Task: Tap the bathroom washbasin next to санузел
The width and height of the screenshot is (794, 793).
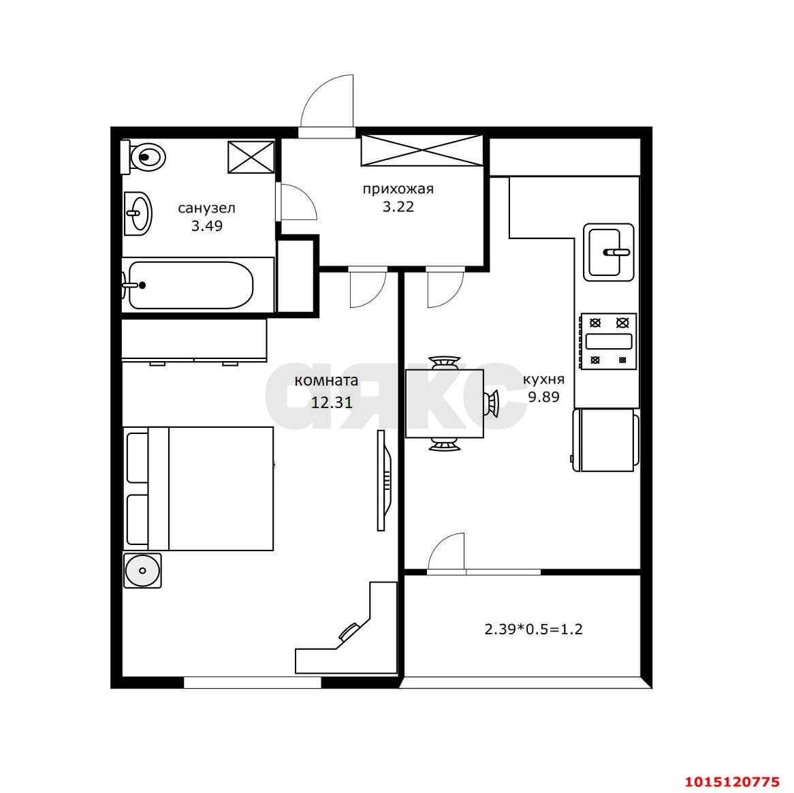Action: coord(138,213)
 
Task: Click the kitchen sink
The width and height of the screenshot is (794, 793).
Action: coord(609,252)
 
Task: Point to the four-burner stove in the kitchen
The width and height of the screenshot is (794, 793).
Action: coord(608,341)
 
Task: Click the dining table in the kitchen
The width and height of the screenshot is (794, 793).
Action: coord(445,403)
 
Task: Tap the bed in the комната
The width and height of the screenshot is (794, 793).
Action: coord(199,488)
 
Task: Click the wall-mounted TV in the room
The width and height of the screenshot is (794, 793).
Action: coord(384,480)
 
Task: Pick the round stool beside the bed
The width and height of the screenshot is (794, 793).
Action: coord(142,570)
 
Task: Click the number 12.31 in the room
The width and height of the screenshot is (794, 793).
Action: coord(331,403)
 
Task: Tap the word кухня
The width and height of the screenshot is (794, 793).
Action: coord(543,379)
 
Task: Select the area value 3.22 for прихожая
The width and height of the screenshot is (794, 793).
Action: coord(398,206)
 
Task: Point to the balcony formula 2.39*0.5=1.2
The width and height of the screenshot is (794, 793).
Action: coord(534,629)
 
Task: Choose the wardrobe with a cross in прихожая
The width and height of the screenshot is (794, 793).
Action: coord(422,150)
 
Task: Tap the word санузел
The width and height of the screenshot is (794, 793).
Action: coord(206,208)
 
